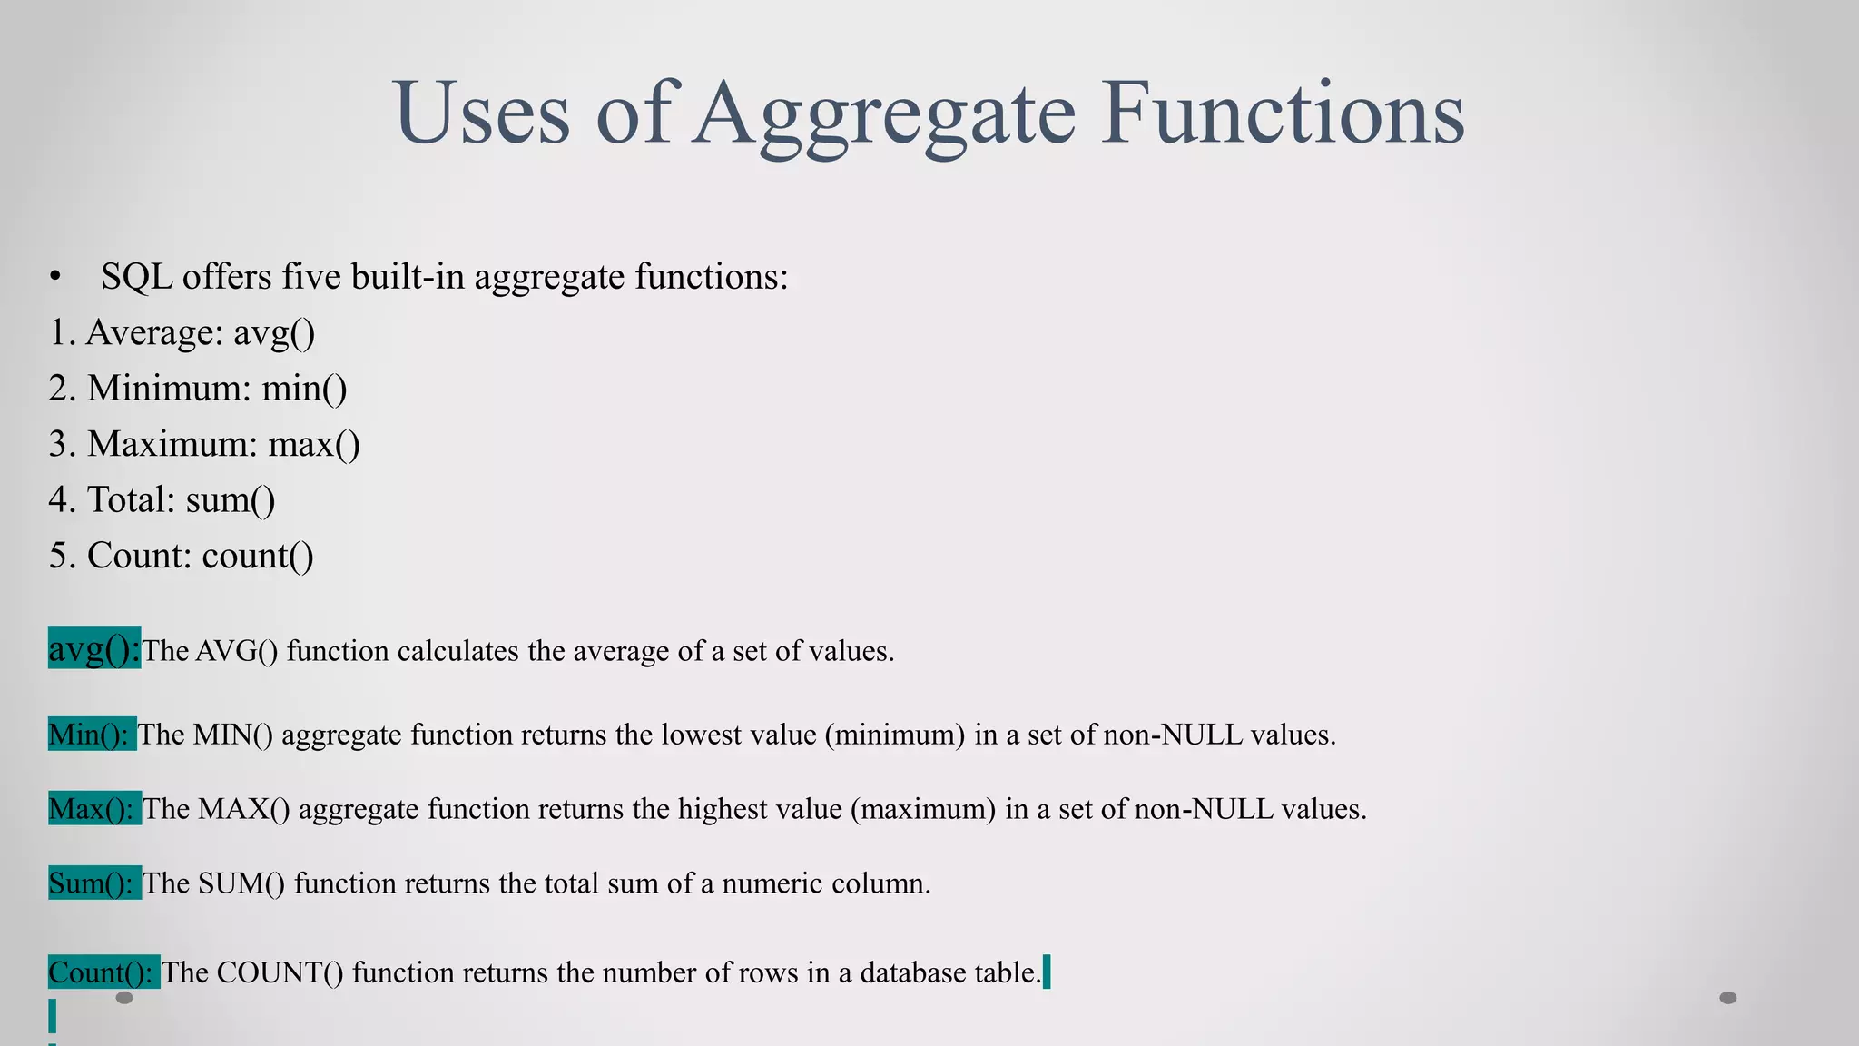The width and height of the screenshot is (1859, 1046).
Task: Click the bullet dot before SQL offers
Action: tap(56, 277)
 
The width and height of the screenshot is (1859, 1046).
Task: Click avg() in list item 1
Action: tap(274, 333)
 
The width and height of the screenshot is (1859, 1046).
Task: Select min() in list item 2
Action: tap(304, 389)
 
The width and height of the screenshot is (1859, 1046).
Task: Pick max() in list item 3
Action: tap(314, 445)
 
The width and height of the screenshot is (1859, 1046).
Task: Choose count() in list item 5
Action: tap(258, 556)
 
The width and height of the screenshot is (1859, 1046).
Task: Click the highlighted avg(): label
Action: tap(94, 648)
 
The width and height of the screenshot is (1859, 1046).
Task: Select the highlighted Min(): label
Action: tap(92, 734)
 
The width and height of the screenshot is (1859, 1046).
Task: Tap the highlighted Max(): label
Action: tap(94, 808)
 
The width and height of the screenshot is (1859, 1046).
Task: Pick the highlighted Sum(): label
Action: tap(94, 883)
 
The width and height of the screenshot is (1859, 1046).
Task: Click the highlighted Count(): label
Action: tap(103, 972)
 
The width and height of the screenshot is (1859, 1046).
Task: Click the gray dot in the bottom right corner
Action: tap(1728, 998)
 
